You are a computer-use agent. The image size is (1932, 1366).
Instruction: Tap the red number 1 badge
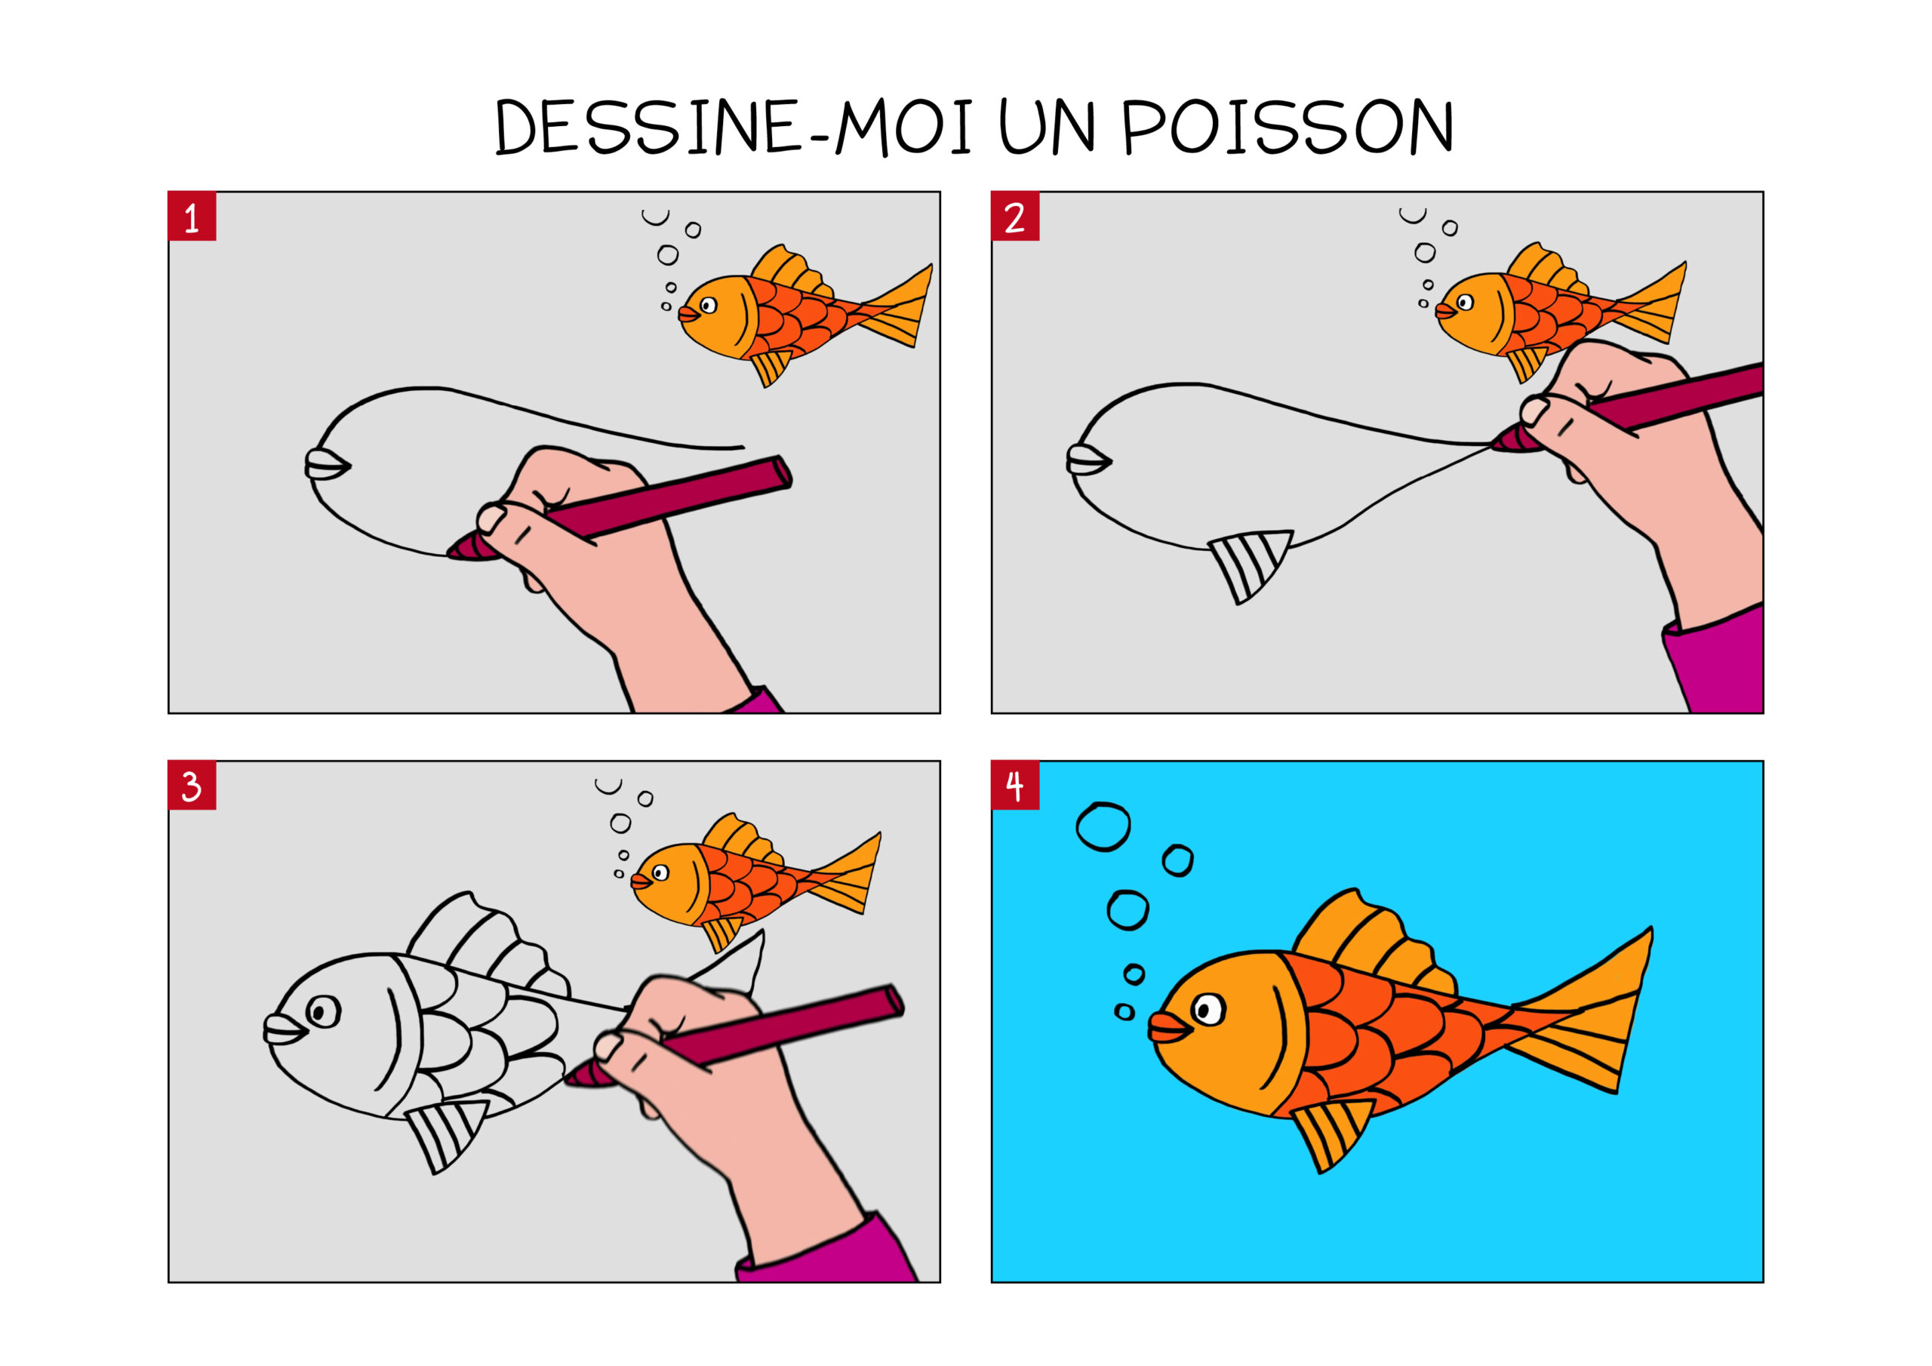click(192, 217)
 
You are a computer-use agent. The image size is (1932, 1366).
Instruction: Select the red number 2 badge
click(1015, 217)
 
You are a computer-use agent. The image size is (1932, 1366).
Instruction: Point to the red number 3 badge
click(192, 786)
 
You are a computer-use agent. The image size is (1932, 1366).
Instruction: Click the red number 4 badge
click(1015, 786)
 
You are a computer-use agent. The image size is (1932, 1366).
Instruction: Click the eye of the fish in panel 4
click(1209, 1008)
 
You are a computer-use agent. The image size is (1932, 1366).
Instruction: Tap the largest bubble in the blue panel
click(1103, 827)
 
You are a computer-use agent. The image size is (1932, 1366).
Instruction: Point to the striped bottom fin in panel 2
click(1248, 563)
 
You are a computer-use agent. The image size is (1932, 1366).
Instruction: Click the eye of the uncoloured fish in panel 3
click(323, 1011)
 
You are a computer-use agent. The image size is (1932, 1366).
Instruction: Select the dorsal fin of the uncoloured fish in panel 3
click(484, 943)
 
